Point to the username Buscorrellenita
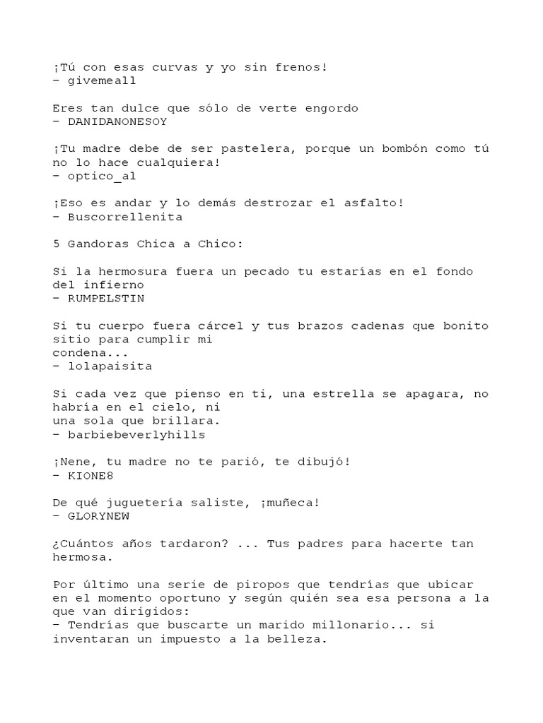point(124,217)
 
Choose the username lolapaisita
point(108,366)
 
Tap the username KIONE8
point(89,475)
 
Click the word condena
point(81,352)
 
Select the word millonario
point(357,625)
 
